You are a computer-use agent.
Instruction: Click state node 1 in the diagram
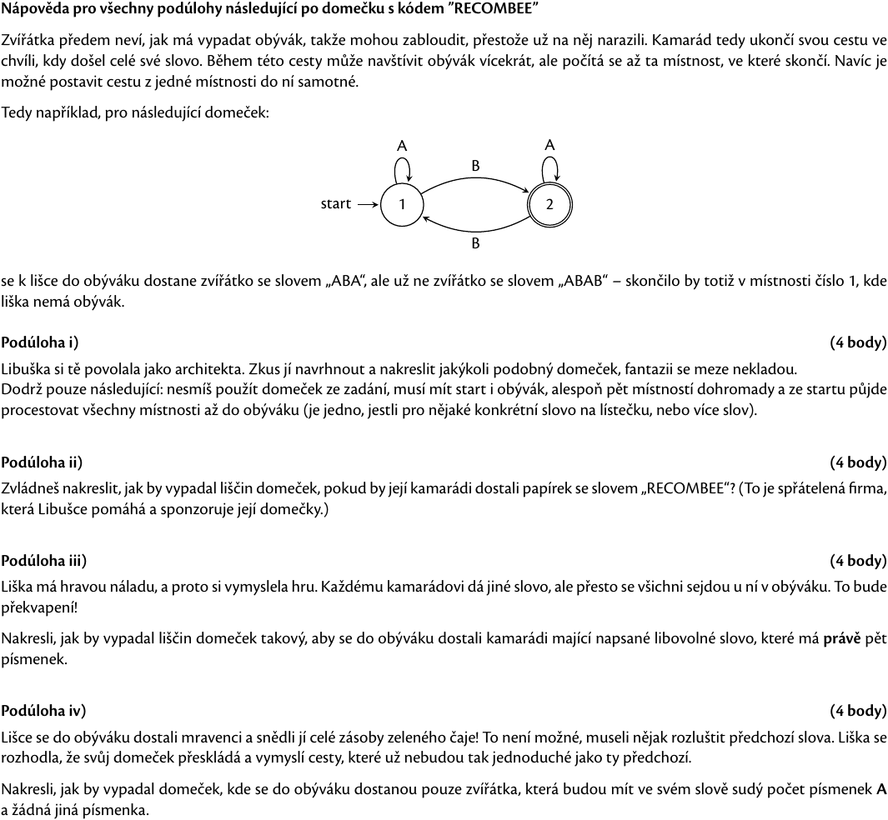coord(401,204)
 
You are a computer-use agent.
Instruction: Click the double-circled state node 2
coord(549,204)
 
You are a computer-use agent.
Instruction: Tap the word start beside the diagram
coord(336,204)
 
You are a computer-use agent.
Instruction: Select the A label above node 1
coord(402,146)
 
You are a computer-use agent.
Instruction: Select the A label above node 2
coord(549,145)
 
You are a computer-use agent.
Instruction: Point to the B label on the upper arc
coord(475,166)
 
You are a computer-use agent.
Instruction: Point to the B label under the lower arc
coord(475,244)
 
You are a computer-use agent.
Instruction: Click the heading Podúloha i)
coord(40,342)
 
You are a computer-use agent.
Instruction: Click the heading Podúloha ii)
coord(42,462)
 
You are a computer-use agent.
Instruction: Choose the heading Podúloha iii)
coord(43,561)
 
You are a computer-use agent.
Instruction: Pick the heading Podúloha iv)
coord(43,711)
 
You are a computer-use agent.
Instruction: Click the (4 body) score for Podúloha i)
coord(858,342)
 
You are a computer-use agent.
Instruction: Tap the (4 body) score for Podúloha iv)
coord(858,711)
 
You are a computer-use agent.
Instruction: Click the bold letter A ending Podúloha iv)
coord(881,788)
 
